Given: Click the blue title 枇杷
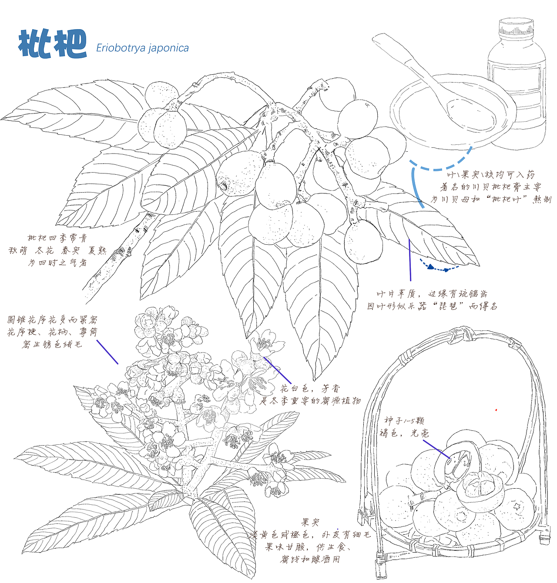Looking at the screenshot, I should [52, 44].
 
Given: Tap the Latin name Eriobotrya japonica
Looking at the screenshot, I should [142, 48].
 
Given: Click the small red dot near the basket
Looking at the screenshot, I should [496, 410].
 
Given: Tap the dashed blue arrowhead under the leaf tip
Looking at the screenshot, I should [431, 267].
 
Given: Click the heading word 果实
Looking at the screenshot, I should [311, 522].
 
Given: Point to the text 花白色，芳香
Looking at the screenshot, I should [310, 388].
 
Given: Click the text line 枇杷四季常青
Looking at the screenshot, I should [57, 238].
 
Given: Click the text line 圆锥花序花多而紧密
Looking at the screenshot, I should [52, 320].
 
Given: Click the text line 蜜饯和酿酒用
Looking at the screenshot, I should [310, 559].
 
